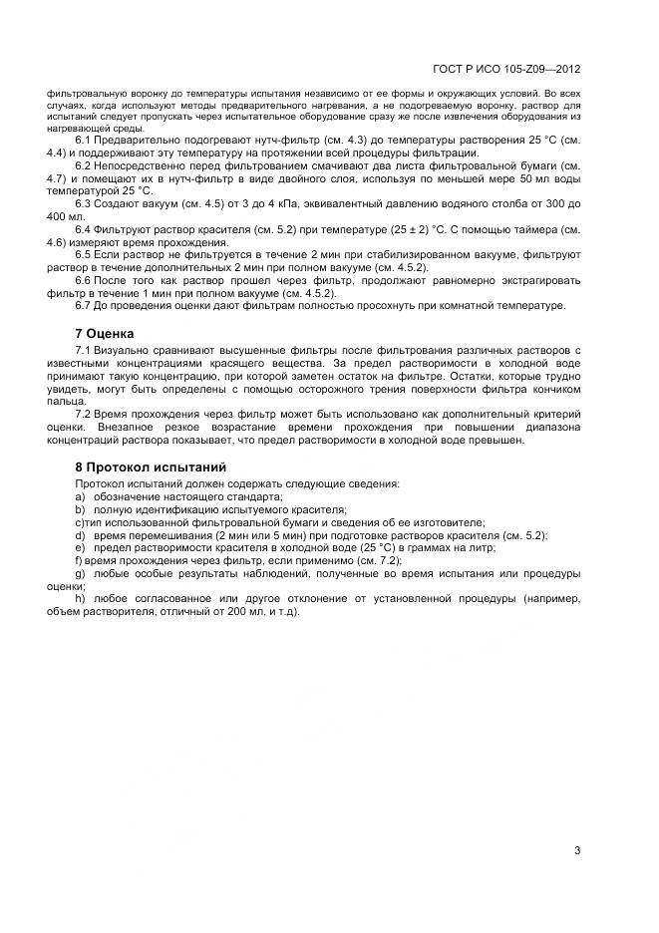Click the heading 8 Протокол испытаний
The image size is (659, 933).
tap(150, 466)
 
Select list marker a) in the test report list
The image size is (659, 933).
tap(80, 496)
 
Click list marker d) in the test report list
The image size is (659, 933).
tap(80, 535)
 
